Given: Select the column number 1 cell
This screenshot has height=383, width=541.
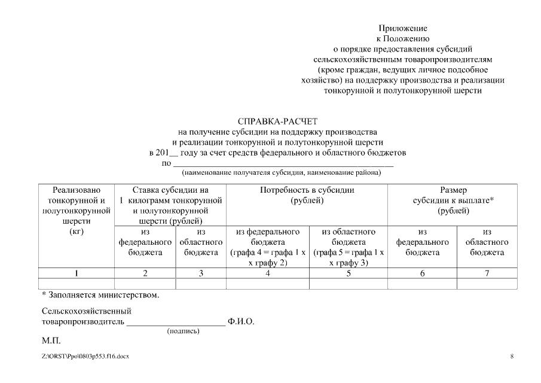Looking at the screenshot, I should click(x=76, y=273).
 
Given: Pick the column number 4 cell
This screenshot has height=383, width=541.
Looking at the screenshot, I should click(x=268, y=273).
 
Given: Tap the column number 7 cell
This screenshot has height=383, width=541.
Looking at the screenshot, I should click(x=487, y=273).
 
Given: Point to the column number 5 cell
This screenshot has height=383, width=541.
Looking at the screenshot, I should click(x=348, y=273).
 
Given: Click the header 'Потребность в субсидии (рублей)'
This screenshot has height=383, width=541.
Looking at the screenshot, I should click(x=307, y=195).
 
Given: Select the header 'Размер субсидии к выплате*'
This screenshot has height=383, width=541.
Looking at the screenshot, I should click(x=453, y=200).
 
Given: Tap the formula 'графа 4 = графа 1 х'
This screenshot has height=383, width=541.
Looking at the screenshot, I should click(x=268, y=253).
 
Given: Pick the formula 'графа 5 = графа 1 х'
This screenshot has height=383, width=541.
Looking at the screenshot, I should click(x=348, y=253).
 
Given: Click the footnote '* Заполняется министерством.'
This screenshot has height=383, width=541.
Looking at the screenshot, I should click(x=100, y=295).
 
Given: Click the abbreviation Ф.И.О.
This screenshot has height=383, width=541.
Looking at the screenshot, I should click(x=241, y=322).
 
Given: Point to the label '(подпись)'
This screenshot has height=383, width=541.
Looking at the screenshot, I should click(x=183, y=331).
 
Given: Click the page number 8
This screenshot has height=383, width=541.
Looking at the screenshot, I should click(x=512, y=357).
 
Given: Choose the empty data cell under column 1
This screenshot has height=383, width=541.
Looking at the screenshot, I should click(x=76, y=284).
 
